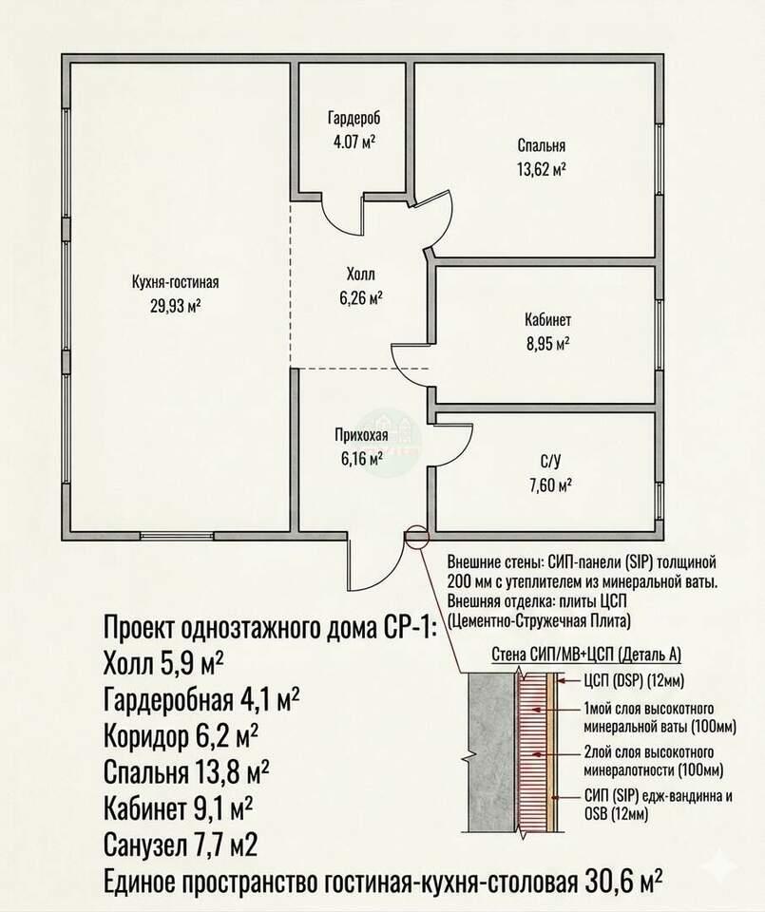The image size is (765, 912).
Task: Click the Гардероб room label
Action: click(x=354, y=119)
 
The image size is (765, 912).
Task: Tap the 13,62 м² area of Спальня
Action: click(x=541, y=169)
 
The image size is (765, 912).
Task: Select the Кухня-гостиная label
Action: click(x=175, y=283)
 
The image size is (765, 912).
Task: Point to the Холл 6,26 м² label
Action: click(x=361, y=286)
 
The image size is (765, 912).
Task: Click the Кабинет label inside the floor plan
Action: click(x=548, y=320)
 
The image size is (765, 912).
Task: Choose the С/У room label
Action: click(x=550, y=462)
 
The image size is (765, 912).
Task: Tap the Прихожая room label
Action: click(x=361, y=436)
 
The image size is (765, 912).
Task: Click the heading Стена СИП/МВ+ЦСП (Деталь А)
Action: click(x=586, y=655)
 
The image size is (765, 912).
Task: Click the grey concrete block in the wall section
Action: click(x=491, y=752)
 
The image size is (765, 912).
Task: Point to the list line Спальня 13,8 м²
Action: click(x=186, y=771)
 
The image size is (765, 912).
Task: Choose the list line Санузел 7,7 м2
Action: click(x=181, y=844)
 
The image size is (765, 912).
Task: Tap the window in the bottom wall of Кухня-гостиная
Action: click(x=177, y=536)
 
